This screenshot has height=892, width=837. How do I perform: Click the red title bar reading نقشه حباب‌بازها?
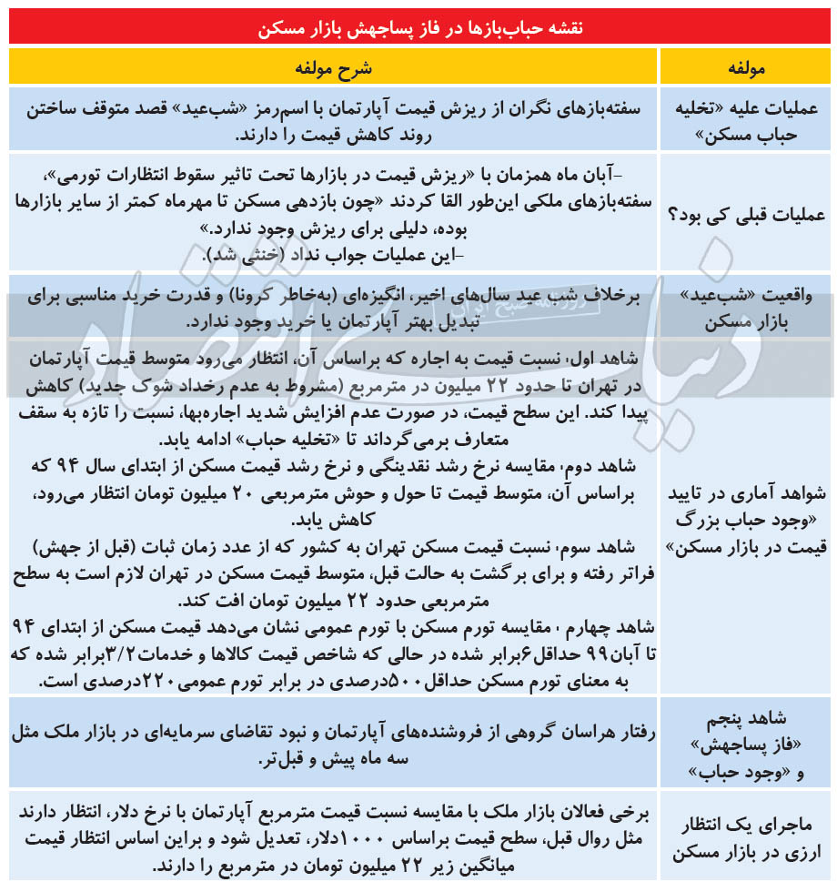click(418, 28)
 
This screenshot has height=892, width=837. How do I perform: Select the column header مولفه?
click(746, 68)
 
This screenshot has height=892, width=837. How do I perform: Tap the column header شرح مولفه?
click(333, 68)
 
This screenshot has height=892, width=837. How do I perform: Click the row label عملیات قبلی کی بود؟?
click(746, 215)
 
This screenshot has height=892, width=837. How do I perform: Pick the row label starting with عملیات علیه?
click(746, 120)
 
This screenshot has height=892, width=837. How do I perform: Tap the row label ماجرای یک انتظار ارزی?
click(746, 837)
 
